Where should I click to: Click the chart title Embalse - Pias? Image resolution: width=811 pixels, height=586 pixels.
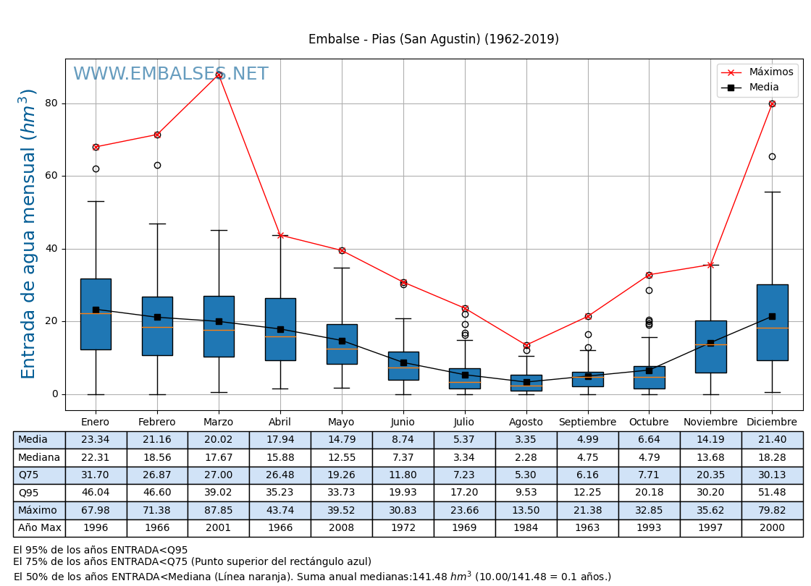click(x=433, y=40)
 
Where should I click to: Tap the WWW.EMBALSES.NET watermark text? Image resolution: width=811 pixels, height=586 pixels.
click(x=170, y=75)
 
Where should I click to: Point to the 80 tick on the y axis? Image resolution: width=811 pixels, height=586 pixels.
click(x=51, y=103)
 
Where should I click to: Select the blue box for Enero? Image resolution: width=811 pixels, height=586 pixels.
click(x=96, y=314)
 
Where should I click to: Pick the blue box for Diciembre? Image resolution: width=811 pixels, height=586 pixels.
click(x=772, y=322)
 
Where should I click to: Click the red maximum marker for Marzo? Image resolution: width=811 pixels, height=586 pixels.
click(x=219, y=75)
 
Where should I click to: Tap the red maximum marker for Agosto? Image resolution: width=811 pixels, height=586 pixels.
click(x=526, y=345)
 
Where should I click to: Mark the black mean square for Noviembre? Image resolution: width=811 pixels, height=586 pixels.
click(x=710, y=343)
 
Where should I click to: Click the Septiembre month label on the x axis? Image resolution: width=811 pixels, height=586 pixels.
click(x=587, y=422)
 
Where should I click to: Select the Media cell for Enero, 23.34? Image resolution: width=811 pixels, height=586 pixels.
click(x=96, y=440)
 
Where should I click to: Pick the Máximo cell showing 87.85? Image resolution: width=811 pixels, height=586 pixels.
click(x=219, y=511)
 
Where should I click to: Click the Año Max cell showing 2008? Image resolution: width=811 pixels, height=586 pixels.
click(x=342, y=528)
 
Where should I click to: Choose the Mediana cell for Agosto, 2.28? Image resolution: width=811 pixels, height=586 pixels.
click(x=526, y=457)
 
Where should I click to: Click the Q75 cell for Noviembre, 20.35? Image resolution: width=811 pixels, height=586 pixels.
click(x=710, y=475)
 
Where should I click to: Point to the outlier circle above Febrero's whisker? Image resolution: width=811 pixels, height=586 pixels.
click(x=157, y=165)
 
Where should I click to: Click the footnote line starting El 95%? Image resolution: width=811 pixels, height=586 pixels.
click(x=101, y=551)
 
